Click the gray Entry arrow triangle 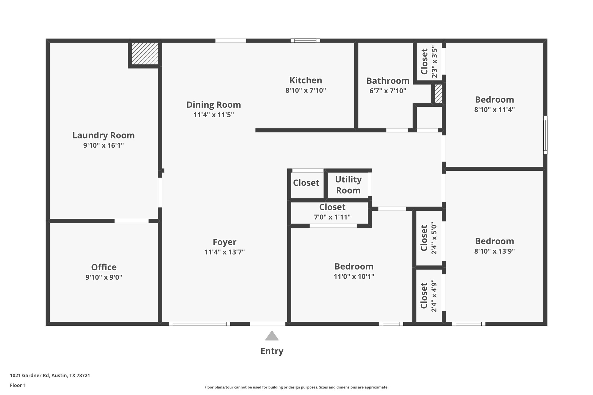click(x=272, y=336)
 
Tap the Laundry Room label click(x=103, y=135)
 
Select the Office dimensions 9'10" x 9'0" click(x=104, y=277)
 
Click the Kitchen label click(x=306, y=80)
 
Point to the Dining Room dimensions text click(x=214, y=115)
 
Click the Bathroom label click(x=388, y=81)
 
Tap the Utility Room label click(x=348, y=185)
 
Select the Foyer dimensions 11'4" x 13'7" click(x=224, y=252)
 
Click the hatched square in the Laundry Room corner click(x=145, y=53)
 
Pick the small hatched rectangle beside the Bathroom click(x=438, y=94)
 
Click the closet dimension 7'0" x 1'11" click(x=332, y=217)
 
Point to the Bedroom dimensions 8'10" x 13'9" click(x=494, y=251)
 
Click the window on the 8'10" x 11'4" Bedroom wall click(x=545, y=135)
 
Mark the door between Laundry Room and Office click(x=132, y=221)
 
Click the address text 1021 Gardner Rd click(x=50, y=375)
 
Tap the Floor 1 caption click(x=18, y=385)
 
